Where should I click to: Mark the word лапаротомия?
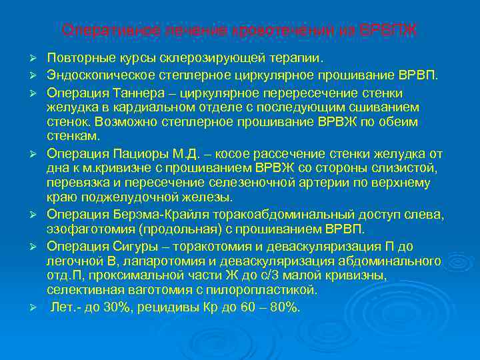(125, 261)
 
